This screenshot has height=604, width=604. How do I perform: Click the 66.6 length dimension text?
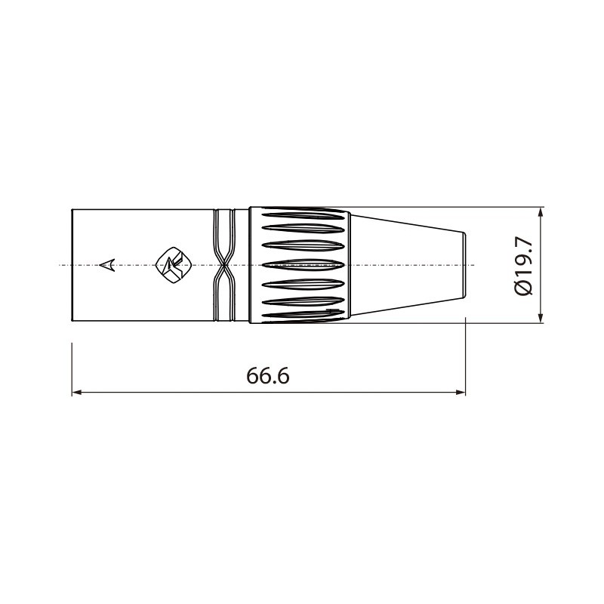[x=268, y=376]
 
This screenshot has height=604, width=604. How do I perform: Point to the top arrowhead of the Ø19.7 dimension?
[x=541, y=212]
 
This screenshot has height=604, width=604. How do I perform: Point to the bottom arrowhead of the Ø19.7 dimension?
[x=541, y=317]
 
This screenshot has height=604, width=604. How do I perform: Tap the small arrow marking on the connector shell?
[x=108, y=265]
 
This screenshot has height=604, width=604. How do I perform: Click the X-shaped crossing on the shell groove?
[x=223, y=265]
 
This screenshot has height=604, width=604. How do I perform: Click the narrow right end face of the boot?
[x=465, y=265]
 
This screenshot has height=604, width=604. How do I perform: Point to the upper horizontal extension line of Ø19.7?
[x=453, y=206]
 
